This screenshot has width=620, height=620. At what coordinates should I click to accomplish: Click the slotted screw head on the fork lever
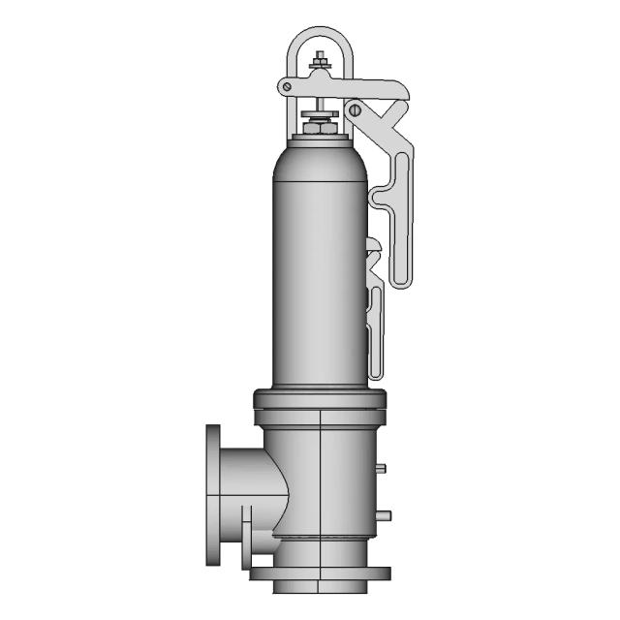355,110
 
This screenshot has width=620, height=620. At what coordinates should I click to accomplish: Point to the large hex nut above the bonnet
319,127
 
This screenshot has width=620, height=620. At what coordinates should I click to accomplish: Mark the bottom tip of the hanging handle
401,283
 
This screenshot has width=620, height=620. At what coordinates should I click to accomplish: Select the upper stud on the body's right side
382,468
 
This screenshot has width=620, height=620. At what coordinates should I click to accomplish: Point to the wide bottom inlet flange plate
320,573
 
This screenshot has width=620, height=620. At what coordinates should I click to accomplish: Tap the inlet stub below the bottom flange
320,585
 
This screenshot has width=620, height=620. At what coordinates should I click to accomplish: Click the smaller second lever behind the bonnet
376,310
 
